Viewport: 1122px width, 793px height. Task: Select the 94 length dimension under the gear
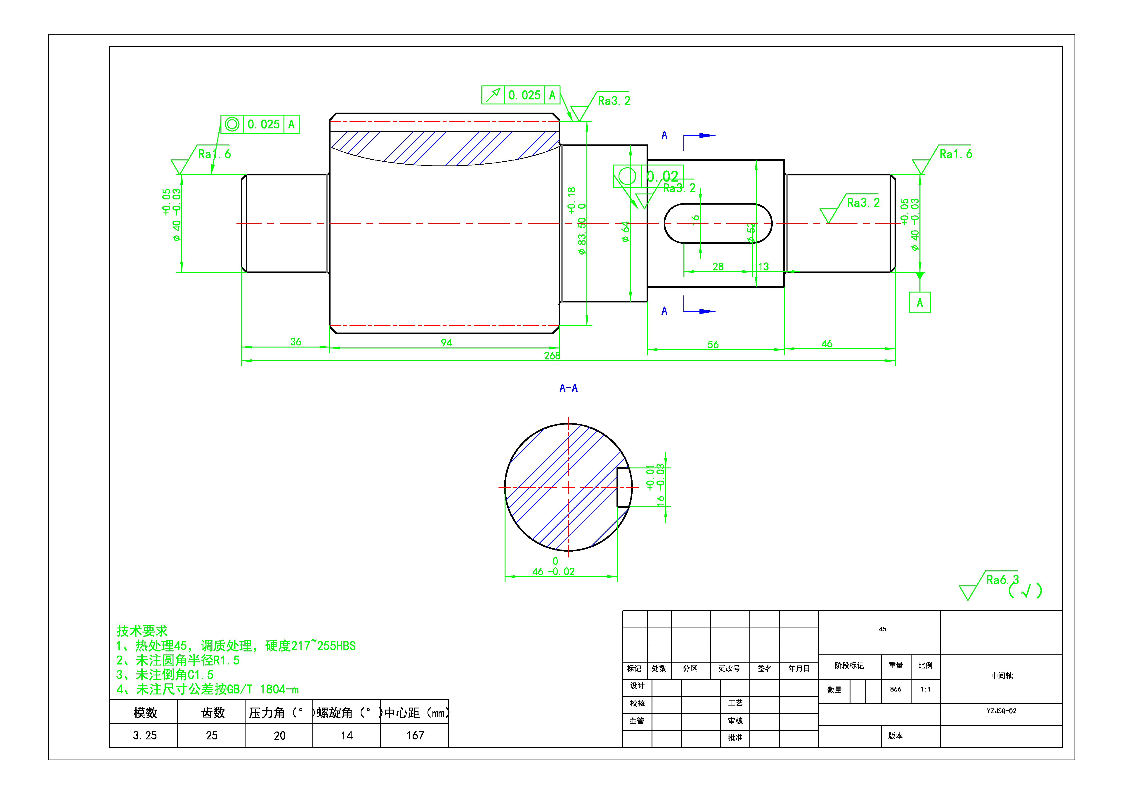coord(446,342)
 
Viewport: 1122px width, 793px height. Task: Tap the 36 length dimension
coord(296,342)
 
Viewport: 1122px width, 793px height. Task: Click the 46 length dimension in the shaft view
coord(827,343)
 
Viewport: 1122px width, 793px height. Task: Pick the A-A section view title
coord(568,388)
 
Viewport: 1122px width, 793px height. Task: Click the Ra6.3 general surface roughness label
coord(1002,580)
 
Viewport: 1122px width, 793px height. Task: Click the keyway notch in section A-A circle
coord(623,487)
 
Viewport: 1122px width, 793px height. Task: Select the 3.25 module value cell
coord(145,735)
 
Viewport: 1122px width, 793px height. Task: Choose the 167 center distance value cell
coord(415,735)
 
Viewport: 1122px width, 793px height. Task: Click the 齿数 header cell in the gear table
coord(213,713)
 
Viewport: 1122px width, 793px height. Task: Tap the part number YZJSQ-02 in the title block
coord(1001,711)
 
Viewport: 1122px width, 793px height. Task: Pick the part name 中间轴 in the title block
coord(1001,676)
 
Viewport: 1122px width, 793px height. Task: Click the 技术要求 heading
coord(142,631)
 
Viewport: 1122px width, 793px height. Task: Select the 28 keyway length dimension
coord(718,266)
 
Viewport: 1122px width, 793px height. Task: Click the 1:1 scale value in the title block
coord(925,689)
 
